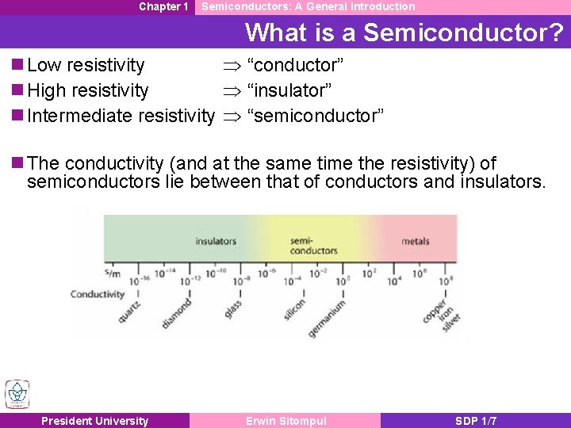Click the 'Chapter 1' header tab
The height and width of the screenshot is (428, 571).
tap(163, 6)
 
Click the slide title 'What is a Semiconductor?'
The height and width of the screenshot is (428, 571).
tap(404, 32)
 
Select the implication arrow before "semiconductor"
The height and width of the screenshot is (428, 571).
tap(230, 117)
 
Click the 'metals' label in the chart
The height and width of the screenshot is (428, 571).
tap(416, 241)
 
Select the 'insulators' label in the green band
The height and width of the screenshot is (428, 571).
tap(215, 241)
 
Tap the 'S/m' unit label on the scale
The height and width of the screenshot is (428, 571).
tap(112, 274)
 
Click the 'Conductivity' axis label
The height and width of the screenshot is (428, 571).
tap(98, 294)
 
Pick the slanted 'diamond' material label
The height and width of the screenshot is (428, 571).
tap(175, 314)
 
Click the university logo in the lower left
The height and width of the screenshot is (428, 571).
tap(17, 394)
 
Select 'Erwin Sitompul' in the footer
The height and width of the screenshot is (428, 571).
tap(285, 421)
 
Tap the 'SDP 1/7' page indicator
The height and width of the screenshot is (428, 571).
tap(476, 421)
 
